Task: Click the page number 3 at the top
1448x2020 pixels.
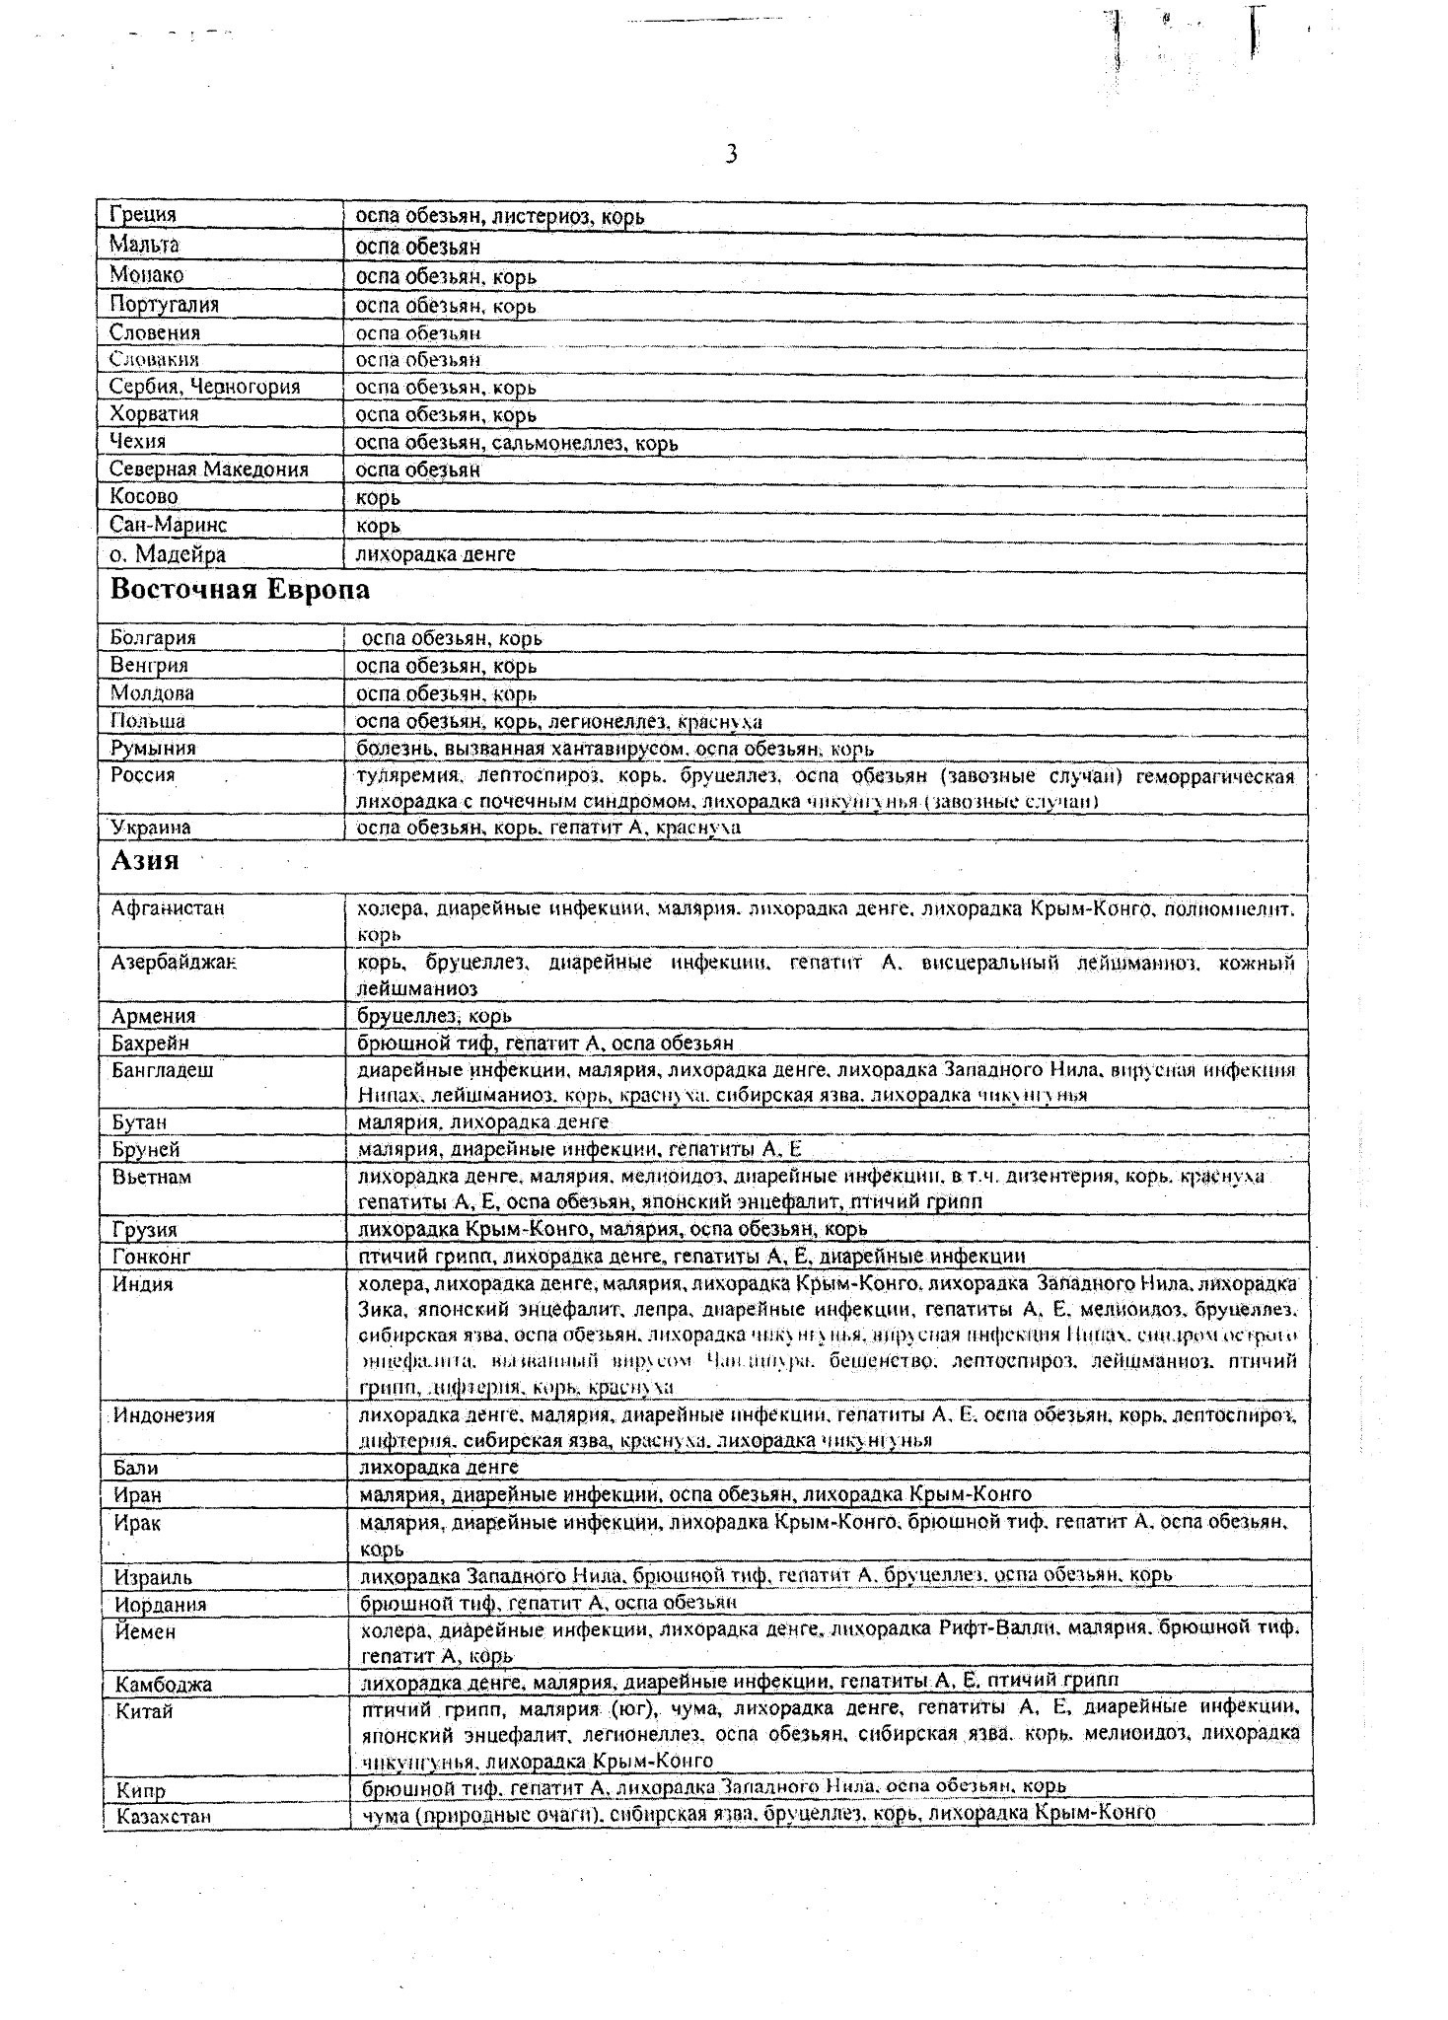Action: click(731, 155)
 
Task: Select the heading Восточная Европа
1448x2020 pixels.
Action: click(240, 590)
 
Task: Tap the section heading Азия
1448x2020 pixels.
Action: click(145, 860)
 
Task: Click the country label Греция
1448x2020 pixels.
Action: click(143, 215)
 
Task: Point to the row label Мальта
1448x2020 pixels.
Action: click(144, 245)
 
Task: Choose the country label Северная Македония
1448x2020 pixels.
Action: click(209, 469)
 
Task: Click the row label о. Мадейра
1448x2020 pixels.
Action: click(168, 554)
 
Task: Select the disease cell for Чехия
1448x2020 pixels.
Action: click(516, 443)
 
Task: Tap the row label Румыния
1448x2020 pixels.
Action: click(153, 748)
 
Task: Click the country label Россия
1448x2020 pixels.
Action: click(143, 775)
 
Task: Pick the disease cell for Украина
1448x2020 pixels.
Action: click(547, 827)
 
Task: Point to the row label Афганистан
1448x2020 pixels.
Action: click(169, 907)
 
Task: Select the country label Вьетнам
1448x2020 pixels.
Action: click(152, 1177)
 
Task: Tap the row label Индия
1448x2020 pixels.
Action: click(143, 1284)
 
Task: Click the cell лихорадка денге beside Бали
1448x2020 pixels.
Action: click(439, 1467)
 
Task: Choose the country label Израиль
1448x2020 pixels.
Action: click(153, 1576)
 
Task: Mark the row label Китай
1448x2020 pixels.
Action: click(144, 1711)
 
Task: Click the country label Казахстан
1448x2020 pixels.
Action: click(164, 1816)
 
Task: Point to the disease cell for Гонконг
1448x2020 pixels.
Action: click(692, 1256)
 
